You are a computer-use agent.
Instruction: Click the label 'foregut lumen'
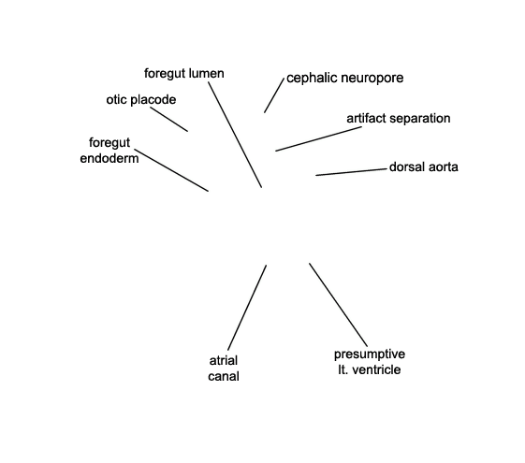pos(184,73)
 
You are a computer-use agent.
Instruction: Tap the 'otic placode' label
pos(141,100)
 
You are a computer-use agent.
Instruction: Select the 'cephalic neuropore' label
pos(345,78)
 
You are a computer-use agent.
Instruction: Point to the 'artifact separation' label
pos(399,119)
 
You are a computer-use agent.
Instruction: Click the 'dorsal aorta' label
pos(424,166)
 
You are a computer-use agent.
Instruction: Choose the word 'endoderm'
pos(109,158)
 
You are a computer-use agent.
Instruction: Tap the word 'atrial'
pos(224,361)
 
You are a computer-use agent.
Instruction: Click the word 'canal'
pos(224,376)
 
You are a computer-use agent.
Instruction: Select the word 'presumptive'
pos(370,354)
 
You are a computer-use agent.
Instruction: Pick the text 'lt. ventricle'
pos(370,369)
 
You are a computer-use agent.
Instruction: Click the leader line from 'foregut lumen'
pos(235,135)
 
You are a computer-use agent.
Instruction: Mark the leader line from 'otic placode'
pos(168,119)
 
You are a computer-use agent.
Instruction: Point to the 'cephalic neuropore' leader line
pos(274,95)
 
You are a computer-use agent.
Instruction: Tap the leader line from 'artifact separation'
pos(319,138)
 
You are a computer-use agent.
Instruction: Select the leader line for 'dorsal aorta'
pos(351,172)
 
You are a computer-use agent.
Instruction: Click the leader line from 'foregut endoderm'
pos(171,170)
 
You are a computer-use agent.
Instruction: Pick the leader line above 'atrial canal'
pos(247,308)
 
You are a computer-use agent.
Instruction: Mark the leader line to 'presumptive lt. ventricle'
pos(338,305)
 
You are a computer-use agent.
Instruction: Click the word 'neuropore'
pos(373,79)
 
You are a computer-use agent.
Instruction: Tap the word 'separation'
pos(420,119)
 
